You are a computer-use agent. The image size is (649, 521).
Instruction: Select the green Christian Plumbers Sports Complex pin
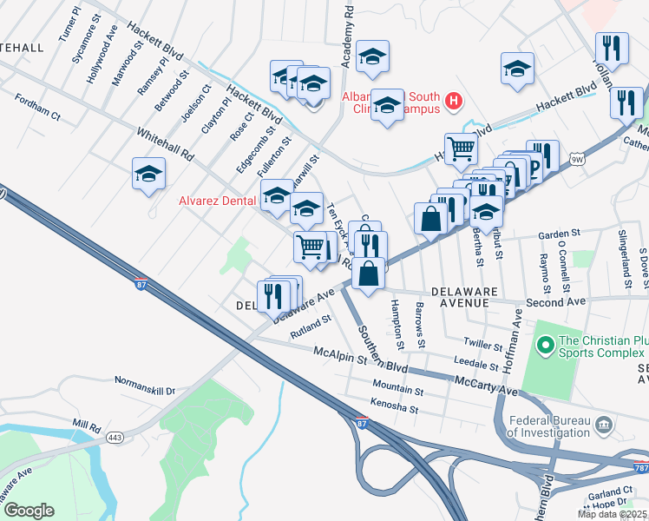click(x=545, y=346)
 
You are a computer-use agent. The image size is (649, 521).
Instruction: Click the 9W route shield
click(x=578, y=159)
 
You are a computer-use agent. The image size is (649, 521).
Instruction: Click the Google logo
click(x=29, y=511)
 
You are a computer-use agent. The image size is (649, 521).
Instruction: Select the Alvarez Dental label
click(x=217, y=201)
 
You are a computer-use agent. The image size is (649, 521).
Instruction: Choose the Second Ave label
click(x=555, y=301)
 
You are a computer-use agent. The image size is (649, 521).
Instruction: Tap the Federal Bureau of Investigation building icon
click(x=604, y=425)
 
